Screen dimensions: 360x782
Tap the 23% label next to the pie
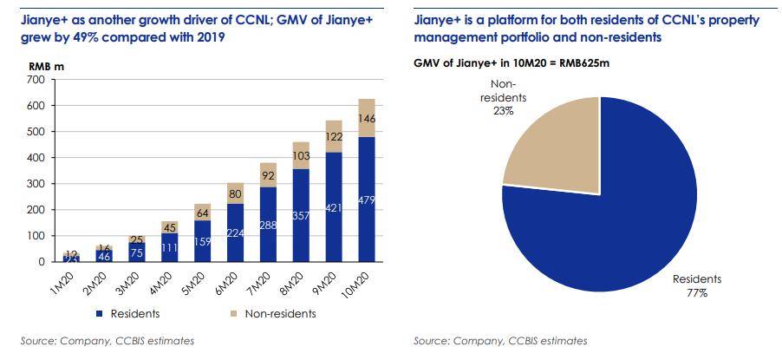[503, 111]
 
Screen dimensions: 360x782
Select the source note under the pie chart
[500, 341]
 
